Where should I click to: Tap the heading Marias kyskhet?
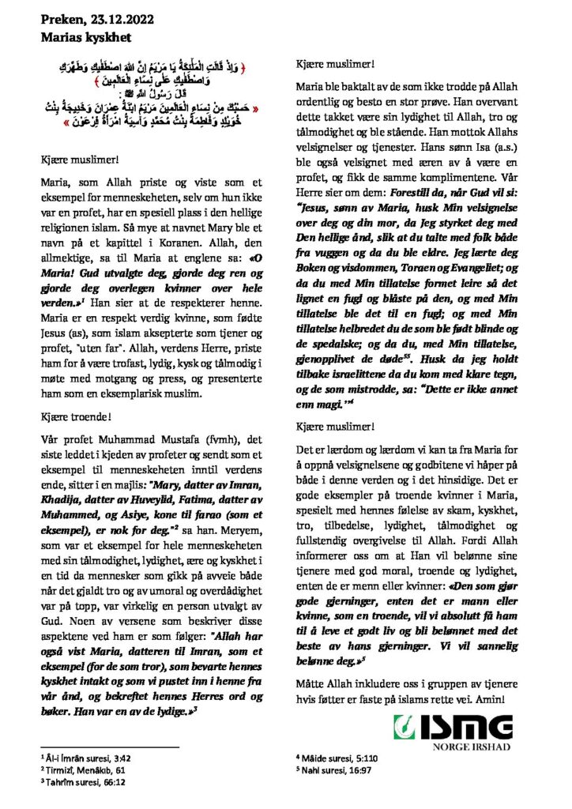point(87,36)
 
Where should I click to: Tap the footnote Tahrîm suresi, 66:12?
point(85,782)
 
